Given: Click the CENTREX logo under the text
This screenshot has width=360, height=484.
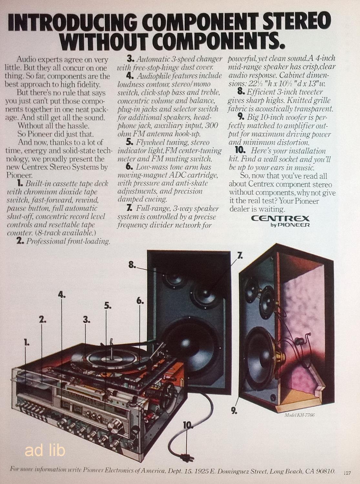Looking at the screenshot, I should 280,218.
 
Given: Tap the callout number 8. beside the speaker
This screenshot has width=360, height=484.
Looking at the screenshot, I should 132,265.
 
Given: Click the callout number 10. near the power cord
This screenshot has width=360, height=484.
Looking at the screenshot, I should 188,425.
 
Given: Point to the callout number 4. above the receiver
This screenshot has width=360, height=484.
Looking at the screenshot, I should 62,294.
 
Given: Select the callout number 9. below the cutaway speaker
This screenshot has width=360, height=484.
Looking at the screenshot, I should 234,411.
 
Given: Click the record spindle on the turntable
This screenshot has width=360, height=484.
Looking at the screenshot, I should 111,343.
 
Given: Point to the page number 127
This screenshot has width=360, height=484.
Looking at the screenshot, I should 347,473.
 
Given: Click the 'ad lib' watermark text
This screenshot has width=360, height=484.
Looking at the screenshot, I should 45,450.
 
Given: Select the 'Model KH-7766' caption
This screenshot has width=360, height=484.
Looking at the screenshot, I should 299,415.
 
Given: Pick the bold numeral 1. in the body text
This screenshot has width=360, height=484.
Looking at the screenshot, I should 20,184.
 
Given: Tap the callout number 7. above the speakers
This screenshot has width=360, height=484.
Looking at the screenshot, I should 240,256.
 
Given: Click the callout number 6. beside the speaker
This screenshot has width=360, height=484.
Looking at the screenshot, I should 140,301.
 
